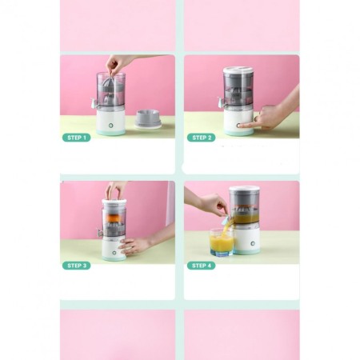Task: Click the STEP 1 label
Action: (77, 138)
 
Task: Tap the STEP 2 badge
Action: (202, 138)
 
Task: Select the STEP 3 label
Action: (77, 266)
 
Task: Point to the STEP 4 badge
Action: (202, 266)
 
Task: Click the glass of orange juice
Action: (222, 242)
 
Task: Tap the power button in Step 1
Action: (110, 126)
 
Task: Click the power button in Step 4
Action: (252, 244)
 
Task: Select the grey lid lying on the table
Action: (148, 119)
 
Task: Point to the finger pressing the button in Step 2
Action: (246, 125)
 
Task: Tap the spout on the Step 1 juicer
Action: (94, 102)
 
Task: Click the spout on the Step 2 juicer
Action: (221, 102)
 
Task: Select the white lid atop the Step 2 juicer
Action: (238, 70)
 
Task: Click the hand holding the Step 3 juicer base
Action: (134, 246)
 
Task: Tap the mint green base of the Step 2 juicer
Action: (239, 132)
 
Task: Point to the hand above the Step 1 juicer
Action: (116, 64)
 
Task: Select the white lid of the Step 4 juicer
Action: (245, 189)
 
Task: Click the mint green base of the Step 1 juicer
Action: (111, 132)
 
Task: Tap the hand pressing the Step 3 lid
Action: (115, 190)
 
